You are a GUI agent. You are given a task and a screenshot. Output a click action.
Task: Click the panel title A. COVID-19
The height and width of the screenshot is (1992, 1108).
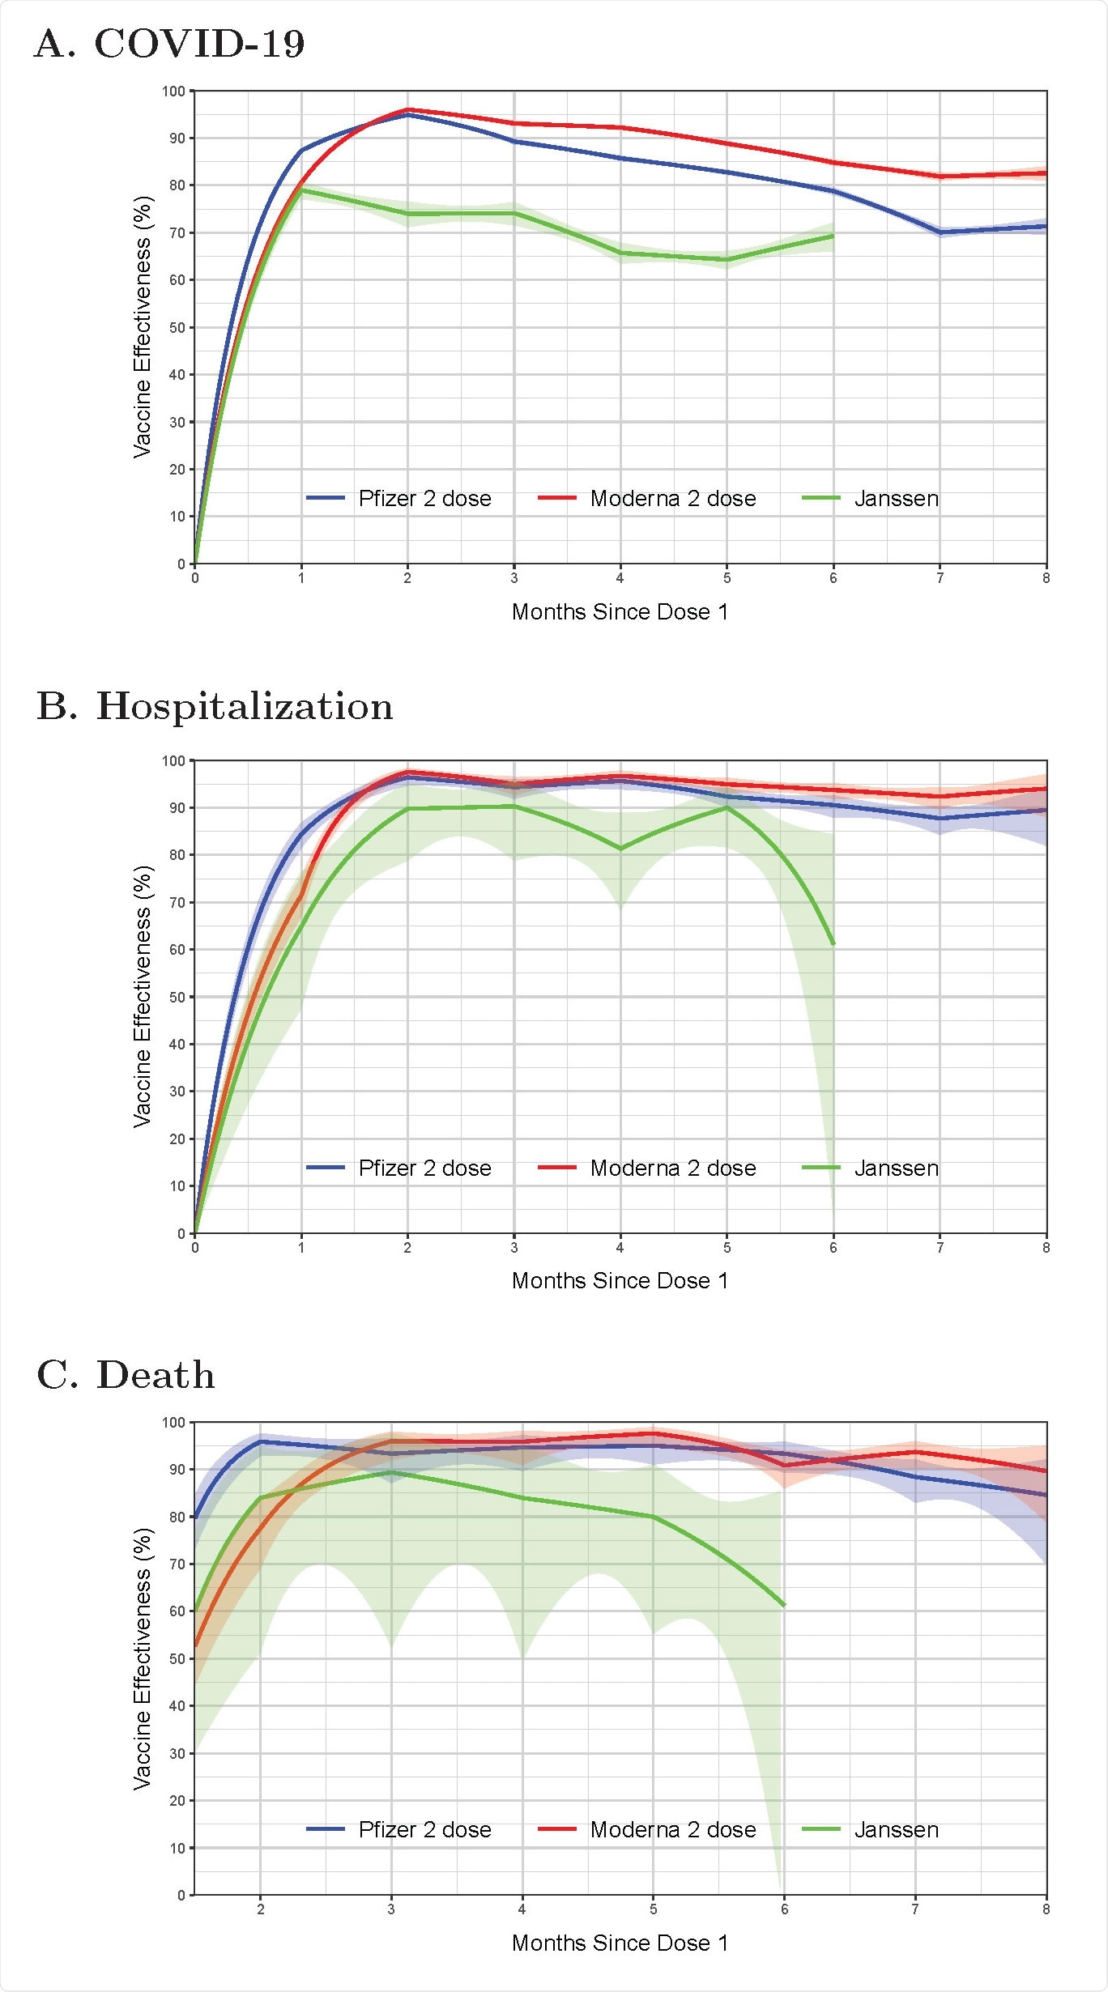tap(169, 44)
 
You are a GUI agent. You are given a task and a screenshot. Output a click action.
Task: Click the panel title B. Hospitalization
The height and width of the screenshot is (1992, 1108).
tap(215, 706)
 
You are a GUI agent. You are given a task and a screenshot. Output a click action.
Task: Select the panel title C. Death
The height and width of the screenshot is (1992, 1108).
tap(126, 1375)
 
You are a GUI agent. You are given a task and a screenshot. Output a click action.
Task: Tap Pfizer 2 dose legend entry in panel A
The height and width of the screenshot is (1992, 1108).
tap(399, 499)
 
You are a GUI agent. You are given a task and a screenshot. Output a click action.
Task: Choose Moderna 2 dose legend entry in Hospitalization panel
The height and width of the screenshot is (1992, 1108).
tap(647, 1168)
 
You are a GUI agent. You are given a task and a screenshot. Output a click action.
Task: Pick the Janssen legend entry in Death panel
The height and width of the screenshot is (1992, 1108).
tap(871, 1830)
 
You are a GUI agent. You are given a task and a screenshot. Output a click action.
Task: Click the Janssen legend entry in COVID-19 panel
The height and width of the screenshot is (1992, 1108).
tap(871, 499)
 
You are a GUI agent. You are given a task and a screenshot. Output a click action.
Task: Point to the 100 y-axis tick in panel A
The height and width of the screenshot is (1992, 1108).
tap(173, 92)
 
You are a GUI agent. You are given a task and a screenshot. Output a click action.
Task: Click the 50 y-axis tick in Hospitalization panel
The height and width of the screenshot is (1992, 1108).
tap(177, 998)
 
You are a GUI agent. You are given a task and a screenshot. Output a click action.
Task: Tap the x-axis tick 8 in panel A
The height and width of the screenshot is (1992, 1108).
tap(1046, 578)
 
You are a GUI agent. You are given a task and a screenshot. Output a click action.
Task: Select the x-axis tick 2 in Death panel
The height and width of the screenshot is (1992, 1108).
tap(261, 1909)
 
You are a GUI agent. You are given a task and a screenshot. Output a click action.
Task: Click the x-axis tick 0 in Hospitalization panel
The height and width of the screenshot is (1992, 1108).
tap(195, 1248)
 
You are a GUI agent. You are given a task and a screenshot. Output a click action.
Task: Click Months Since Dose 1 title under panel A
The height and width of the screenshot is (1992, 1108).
tap(620, 612)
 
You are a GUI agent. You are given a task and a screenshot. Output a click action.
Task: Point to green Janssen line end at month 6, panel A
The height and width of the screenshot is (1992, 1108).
tap(833, 236)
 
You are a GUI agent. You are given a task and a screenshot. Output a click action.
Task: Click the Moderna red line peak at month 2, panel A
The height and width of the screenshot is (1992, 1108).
tap(407, 109)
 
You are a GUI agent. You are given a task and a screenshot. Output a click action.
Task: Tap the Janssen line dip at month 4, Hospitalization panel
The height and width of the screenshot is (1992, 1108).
tap(620, 849)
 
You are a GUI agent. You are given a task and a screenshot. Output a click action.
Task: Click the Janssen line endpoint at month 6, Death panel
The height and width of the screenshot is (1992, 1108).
tap(784, 1606)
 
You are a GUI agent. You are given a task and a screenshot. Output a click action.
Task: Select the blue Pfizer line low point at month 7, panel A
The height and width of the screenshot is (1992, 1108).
tap(940, 232)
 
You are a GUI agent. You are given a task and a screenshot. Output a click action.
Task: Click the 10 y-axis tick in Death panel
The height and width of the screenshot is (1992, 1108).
tap(177, 1849)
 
